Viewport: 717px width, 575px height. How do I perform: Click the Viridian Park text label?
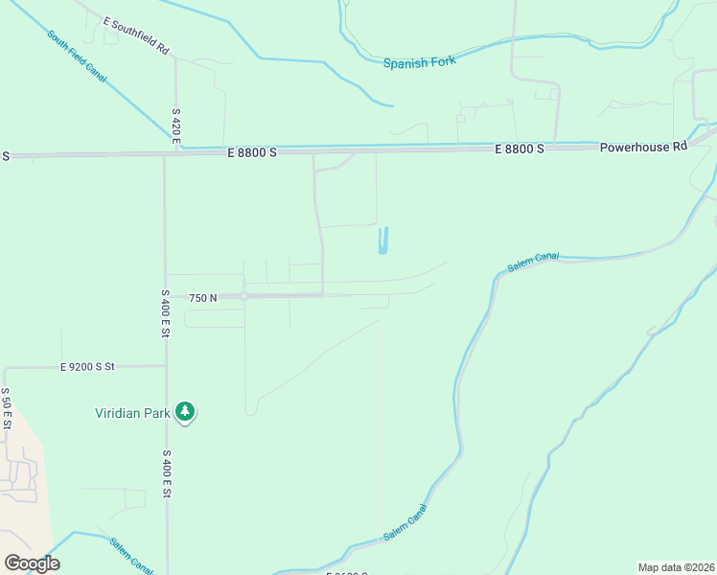coord(132,414)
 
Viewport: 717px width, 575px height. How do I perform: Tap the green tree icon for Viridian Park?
coord(185,413)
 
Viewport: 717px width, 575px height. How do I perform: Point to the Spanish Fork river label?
coord(419,62)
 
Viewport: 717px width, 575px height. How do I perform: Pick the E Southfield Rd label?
coord(136,35)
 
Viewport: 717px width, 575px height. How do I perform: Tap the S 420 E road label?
coord(176,126)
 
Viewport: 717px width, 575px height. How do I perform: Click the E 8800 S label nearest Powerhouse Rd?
coord(520,149)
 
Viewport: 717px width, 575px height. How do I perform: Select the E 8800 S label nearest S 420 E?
coord(252,152)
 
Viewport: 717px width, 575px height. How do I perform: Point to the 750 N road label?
coord(203,298)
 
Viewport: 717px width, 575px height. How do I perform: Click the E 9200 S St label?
coord(87,366)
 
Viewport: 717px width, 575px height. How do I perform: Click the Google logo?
coord(32,563)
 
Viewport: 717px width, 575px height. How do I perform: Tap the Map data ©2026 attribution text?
coord(676,567)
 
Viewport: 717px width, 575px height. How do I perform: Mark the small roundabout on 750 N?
coord(244,296)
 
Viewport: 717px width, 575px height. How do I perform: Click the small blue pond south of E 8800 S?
coord(384,241)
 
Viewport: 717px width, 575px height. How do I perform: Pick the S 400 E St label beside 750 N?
coord(165,313)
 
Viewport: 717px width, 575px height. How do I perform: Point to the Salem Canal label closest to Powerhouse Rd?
coord(533,262)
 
